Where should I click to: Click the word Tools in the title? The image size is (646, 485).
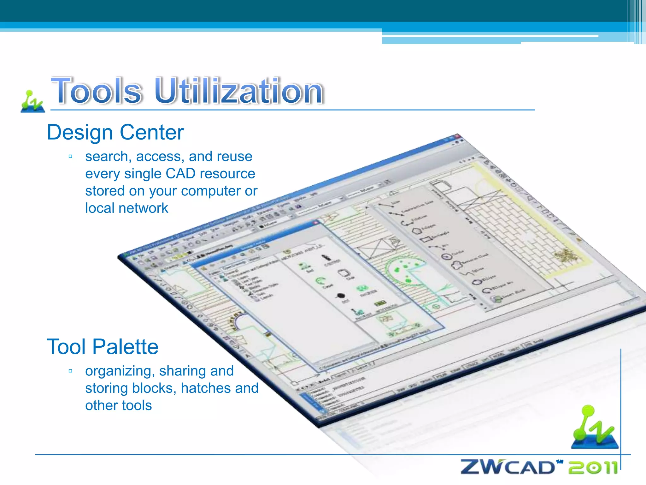[96, 91]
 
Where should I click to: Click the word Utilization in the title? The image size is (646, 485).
[239, 91]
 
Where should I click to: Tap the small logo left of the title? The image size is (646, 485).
[32, 102]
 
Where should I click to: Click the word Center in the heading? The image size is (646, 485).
[152, 133]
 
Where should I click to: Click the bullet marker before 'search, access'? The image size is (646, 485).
[70, 156]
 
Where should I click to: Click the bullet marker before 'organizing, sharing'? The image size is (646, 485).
[70, 371]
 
